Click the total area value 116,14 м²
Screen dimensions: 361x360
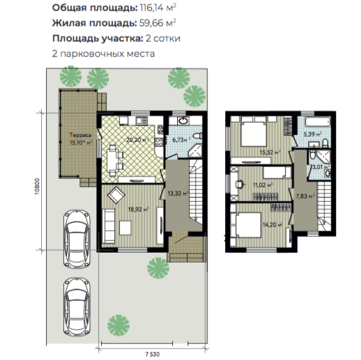(x=158, y=8)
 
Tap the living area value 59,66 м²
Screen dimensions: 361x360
(x=158, y=23)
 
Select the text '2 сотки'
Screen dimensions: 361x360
(x=163, y=38)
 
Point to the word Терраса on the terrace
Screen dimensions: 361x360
(x=80, y=135)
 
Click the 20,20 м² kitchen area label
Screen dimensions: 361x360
(x=137, y=140)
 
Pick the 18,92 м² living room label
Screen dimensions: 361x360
(x=139, y=210)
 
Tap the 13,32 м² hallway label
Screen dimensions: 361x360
(x=178, y=193)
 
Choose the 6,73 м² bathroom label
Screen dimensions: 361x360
(x=181, y=140)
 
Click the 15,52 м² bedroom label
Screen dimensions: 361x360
(x=270, y=152)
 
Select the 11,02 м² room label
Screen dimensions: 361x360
(x=263, y=185)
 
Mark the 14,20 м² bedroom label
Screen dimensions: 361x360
(x=272, y=225)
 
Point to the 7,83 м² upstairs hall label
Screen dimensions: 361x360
(x=305, y=196)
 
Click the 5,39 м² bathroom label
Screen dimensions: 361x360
(x=312, y=134)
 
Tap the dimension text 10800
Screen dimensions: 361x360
(x=38, y=186)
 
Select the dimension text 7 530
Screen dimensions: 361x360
(x=153, y=354)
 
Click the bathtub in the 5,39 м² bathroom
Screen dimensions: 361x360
(x=317, y=123)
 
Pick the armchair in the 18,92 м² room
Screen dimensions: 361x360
(x=116, y=195)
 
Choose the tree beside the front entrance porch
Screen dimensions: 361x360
(x=158, y=268)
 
